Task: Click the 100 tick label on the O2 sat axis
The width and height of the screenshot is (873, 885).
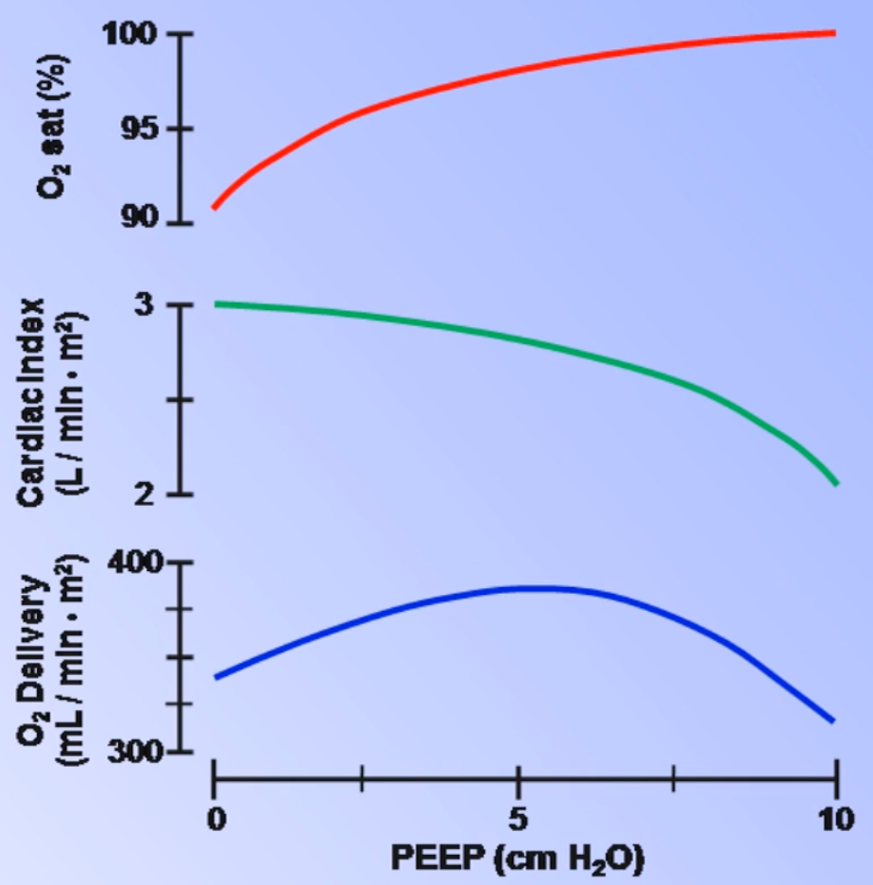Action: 134,35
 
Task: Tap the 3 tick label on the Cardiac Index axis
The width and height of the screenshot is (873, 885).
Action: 158,305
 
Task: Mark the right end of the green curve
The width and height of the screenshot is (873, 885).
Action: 836,484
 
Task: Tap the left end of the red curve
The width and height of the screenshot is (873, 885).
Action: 215,207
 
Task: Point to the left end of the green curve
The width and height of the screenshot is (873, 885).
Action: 215,304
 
